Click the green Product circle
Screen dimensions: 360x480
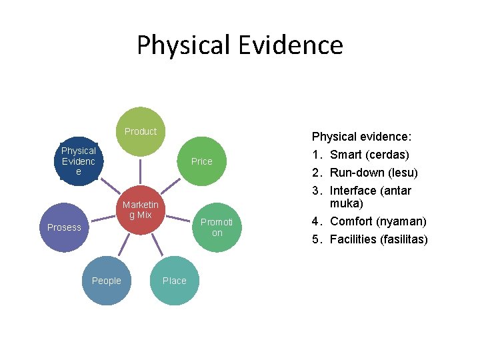[x=140, y=131]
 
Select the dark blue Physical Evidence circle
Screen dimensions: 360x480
[x=79, y=161]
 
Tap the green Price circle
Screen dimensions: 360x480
[x=201, y=161]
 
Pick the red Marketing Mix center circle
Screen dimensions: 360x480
[x=140, y=210]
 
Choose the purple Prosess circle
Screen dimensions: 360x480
[x=64, y=227]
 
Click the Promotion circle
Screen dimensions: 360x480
[x=217, y=227]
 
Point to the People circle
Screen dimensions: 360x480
[x=107, y=281]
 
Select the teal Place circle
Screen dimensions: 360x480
[x=175, y=281]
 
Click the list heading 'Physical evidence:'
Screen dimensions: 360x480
[x=361, y=137]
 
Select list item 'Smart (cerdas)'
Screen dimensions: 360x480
[x=369, y=155]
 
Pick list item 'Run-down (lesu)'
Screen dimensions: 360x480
[x=373, y=173]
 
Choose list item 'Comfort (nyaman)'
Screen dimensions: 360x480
[x=378, y=221]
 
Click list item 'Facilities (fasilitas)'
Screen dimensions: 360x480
[x=379, y=239]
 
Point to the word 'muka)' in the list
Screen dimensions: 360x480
[x=347, y=203]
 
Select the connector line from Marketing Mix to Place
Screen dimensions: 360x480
[x=157, y=246]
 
